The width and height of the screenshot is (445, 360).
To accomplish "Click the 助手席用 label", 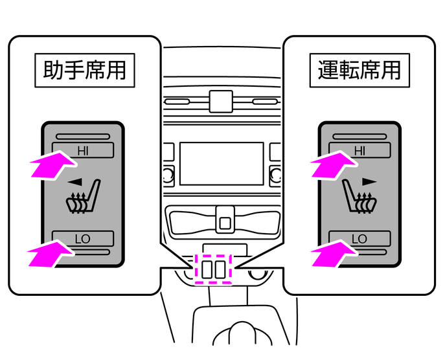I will pos(84,69).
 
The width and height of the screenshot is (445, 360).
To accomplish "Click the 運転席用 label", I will pos(360,69).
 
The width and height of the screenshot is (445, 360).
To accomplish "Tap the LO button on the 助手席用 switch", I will pos(84,238).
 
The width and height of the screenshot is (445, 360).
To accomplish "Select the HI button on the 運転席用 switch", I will pos(360,150).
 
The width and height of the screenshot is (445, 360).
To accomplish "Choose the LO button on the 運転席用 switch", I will pos(360,238).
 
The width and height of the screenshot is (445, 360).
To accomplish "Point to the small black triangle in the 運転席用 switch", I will pos(369,181).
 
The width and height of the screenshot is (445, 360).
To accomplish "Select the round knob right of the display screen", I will pos(275,174).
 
